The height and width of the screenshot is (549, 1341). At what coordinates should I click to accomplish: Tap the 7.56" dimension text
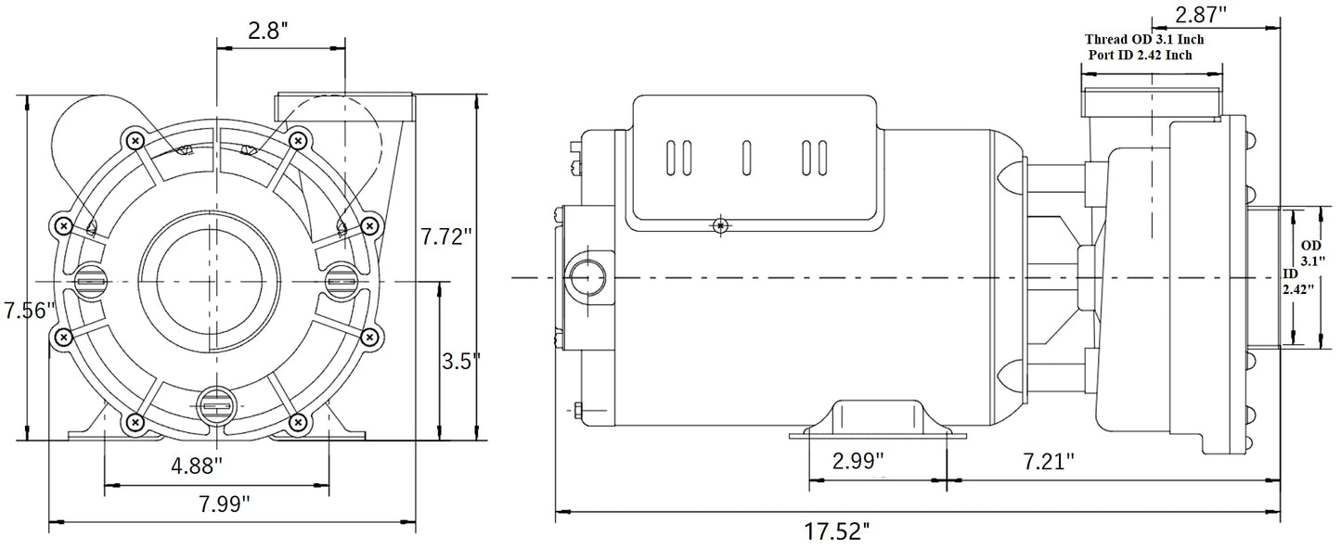tap(29, 312)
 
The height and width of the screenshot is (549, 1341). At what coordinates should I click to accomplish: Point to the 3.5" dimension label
tap(461, 360)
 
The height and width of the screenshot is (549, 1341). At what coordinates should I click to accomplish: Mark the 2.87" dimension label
tap(1200, 16)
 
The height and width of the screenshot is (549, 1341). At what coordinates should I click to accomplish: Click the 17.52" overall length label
tap(838, 531)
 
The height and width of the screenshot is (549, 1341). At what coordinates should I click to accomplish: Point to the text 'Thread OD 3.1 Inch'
tap(1144, 41)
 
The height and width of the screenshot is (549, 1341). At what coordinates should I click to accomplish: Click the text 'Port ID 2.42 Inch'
tap(1141, 56)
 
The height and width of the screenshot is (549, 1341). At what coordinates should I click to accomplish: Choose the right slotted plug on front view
tap(342, 277)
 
